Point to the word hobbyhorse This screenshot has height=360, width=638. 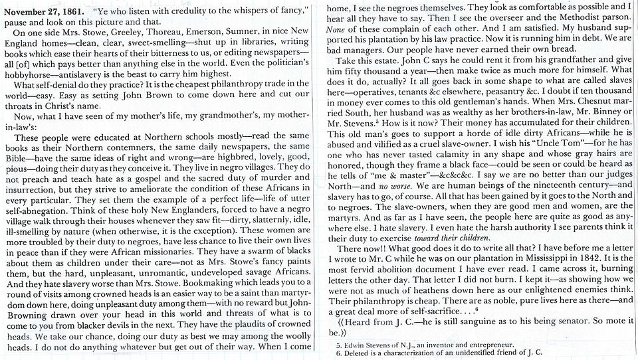point(31,73)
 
